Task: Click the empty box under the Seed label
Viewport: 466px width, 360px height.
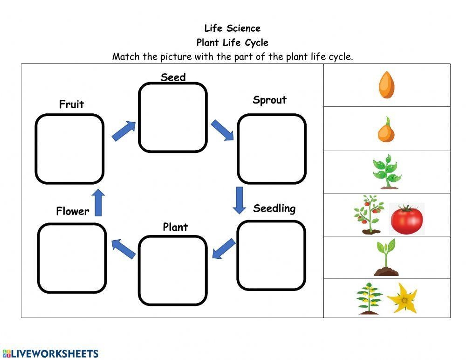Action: tap(172, 118)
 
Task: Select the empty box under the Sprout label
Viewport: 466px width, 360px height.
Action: tap(272, 149)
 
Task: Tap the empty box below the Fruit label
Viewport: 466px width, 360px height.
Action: tap(69, 149)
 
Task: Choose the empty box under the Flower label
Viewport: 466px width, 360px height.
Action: tap(72, 258)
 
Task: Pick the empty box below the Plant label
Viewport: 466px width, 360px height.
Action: tap(172, 270)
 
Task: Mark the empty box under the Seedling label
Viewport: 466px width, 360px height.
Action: tap(271, 255)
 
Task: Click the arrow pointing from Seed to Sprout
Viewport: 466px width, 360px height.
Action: tap(222, 130)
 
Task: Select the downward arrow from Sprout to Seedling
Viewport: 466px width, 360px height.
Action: tap(240, 200)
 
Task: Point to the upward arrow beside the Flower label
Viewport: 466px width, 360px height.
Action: tap(98, 202)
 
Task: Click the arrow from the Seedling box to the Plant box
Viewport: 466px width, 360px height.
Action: tap(223, 249)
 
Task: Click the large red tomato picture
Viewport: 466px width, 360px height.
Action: tap(406, 218)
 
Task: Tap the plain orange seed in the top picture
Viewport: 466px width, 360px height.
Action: tap(386, 84)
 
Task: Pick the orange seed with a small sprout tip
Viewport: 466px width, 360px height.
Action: tap(386, 130)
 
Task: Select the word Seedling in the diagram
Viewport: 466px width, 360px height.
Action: tap(274, 208)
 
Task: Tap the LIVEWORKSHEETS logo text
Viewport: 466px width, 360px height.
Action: tap(50, 353)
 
